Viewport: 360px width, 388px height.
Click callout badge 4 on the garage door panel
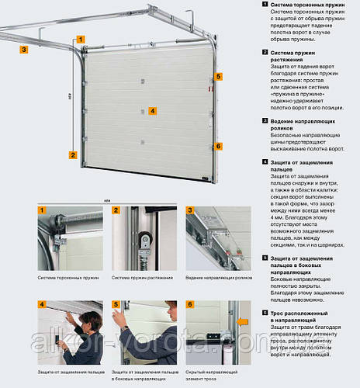tap(153, 111)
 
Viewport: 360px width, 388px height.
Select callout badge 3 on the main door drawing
tap(25, 49)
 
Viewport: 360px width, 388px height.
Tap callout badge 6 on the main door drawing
tap(218, 146)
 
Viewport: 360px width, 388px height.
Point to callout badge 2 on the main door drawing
tap(72, 154)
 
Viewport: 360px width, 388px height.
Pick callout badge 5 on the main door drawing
tap(218, 77)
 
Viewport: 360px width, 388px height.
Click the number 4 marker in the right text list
tap(265, 162)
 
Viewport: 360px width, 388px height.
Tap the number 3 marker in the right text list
tap(265, 120)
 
